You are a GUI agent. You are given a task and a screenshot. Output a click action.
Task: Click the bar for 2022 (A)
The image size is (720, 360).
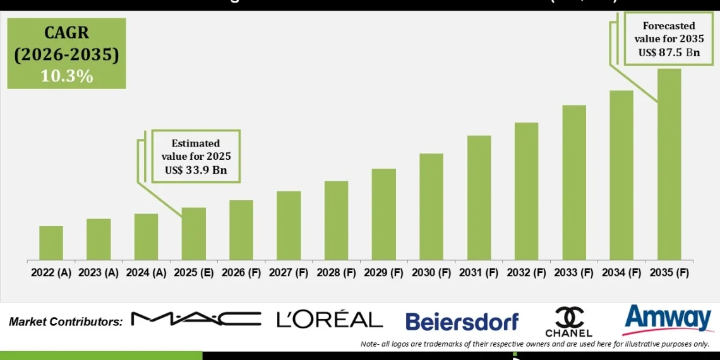click(x=51, y=243)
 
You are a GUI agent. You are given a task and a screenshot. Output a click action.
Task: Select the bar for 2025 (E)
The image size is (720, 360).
click(x=194, y=234)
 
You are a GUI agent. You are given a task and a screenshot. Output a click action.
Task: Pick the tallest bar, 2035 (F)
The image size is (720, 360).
click(x=669, y=165)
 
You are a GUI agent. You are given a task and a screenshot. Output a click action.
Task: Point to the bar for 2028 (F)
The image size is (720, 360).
click(x=336, y=221)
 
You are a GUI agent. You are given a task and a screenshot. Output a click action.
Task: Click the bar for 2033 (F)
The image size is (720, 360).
click(x=573, y=183)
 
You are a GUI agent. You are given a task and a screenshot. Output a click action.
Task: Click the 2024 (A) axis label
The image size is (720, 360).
click(x=147, y=273)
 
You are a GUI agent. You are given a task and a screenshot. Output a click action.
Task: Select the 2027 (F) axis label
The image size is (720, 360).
click(x=289, y=273)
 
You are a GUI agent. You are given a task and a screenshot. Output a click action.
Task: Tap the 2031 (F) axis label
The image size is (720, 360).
click(x=479, y=273)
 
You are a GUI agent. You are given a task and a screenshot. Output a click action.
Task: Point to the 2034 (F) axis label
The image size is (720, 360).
click(x=621, y=273)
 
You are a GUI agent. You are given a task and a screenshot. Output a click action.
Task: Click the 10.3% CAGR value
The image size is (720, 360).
click(x=66, y=76)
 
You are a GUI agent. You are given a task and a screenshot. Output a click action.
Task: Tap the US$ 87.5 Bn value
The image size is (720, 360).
click(x=669, y=52)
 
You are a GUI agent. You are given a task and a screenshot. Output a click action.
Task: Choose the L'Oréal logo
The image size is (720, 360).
click(x=330, y=320)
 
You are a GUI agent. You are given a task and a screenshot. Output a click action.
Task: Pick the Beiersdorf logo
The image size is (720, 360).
click(x=462, y=321)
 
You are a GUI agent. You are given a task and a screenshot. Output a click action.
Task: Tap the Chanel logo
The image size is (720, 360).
click(x=568, y=321)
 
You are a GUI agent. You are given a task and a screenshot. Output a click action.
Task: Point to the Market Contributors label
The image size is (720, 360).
click(x=66, y=321)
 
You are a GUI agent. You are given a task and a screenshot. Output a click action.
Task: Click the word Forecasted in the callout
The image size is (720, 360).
click(x=669, y=26)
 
